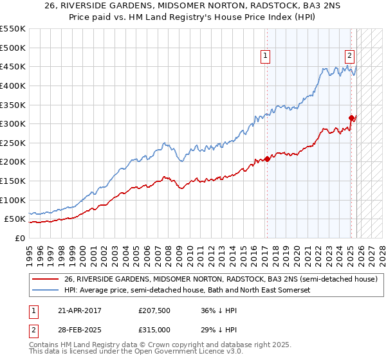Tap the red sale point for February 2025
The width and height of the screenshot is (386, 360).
[x=351, y=118]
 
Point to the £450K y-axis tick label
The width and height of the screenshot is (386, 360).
[x=13, y=67]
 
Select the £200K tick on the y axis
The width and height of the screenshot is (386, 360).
[x=13, y=162]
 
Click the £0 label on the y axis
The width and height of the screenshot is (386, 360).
[x=20, y=239]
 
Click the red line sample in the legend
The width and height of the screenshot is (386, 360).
[x=45, y=279]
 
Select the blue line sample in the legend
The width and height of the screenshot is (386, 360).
[x=45, y=291]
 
